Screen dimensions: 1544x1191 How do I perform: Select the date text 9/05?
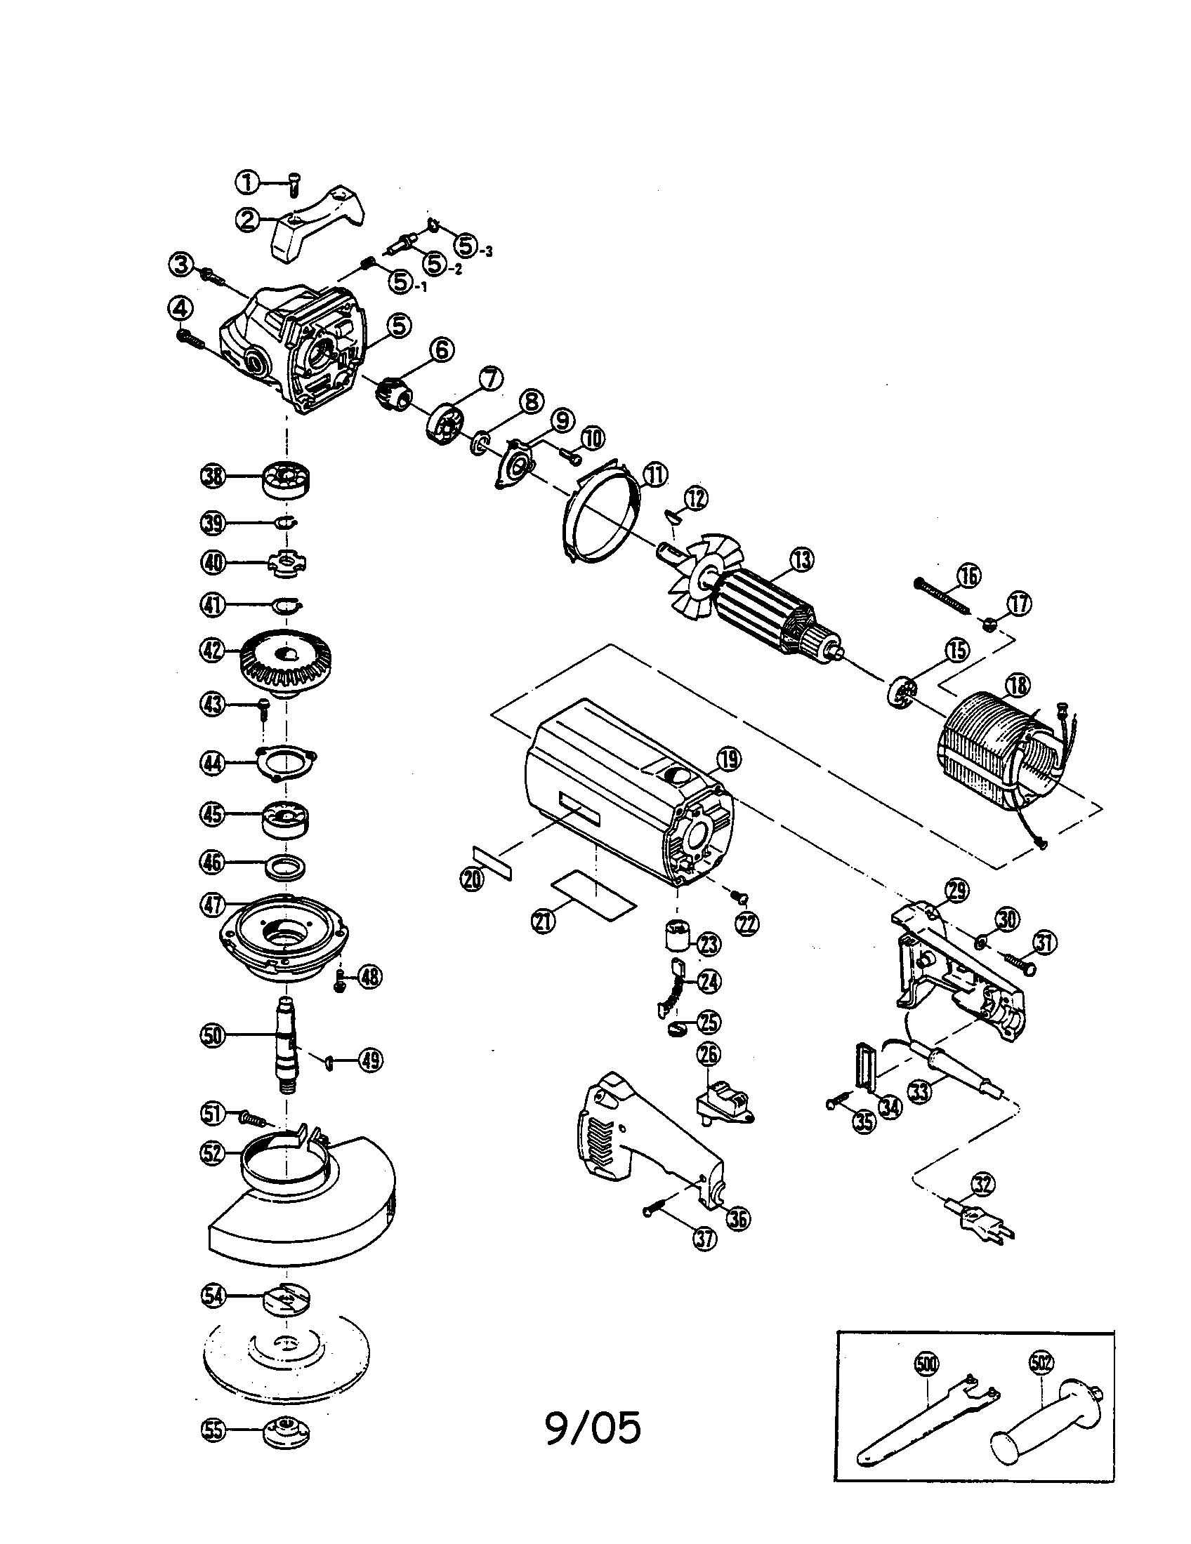593,1427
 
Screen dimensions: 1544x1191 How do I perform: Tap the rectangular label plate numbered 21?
595,903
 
